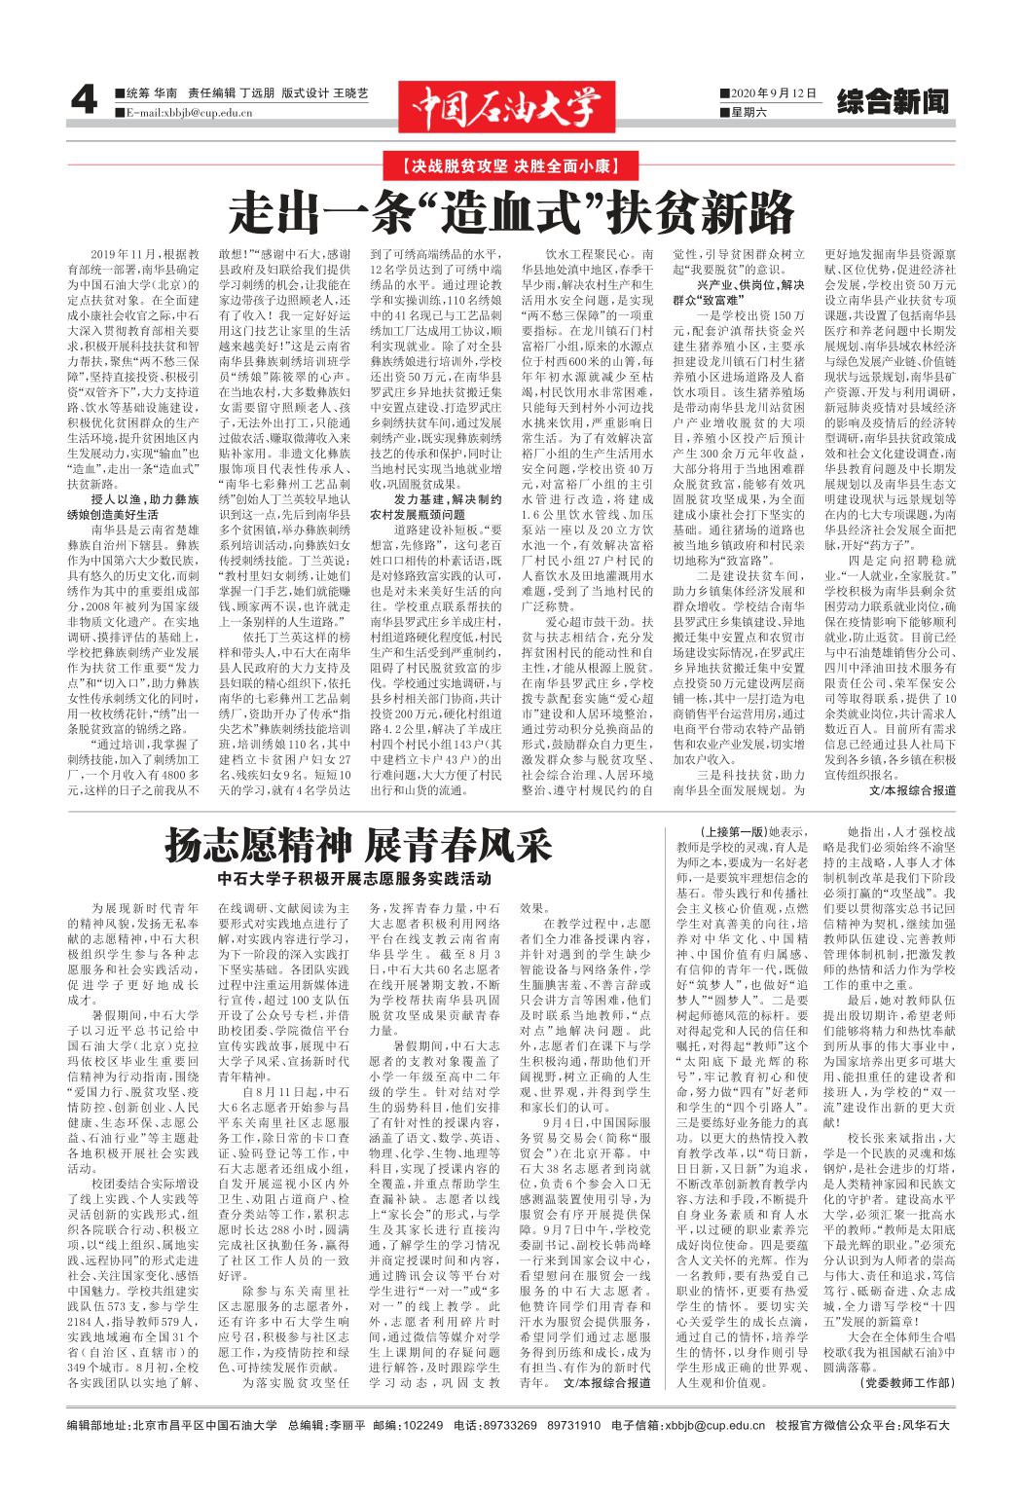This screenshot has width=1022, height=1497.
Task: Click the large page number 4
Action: pyautogui.click(x=85, y=100)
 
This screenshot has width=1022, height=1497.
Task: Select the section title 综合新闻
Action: pyautogui.click(x=893, y=102)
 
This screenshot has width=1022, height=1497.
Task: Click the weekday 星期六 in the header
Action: pyautogui.click(x=748, y=113)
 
